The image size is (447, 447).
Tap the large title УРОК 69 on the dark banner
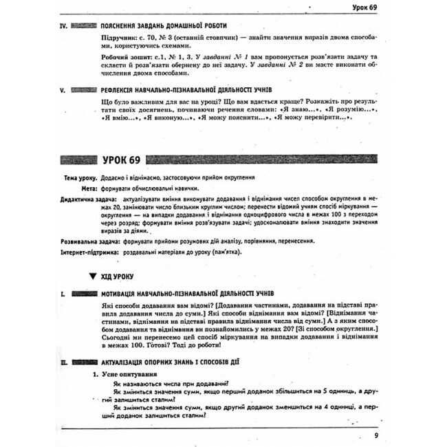coord(126,160)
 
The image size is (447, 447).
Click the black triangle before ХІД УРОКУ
coord(93,277)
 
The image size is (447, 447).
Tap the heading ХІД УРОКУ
coord(118,277)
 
